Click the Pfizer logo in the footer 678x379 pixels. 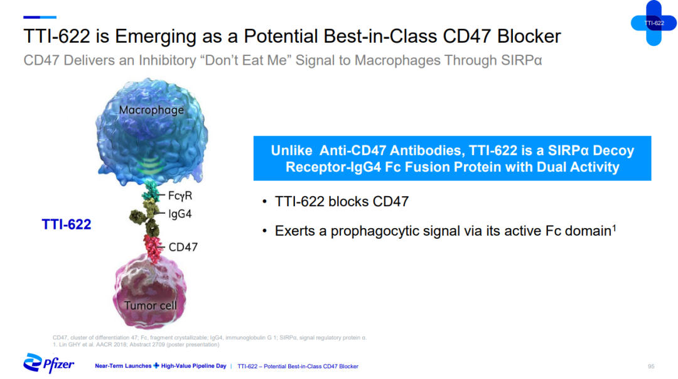click(x=48, y=363)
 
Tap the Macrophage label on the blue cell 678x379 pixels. click(x=151, y=110)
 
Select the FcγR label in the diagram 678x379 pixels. click(x=180, y=195)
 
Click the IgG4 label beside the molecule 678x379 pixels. click(x=180, y=214)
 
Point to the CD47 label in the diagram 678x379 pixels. click(x=183, y=247)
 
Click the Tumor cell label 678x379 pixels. click(x=151, y=305)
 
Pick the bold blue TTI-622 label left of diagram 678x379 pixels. click(x=66, y=224)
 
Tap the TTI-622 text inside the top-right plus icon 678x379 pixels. click(x=654, y=23)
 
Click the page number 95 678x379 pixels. click(x=651, y=366)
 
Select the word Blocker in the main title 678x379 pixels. click(x=529, y=36)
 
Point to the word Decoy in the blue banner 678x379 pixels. click(x=613, y=150)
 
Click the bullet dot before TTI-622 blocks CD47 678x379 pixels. click(x=264, y=201)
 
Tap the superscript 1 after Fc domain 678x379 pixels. click(x=614, y=227)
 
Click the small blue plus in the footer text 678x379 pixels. click(x=156, y=366)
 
